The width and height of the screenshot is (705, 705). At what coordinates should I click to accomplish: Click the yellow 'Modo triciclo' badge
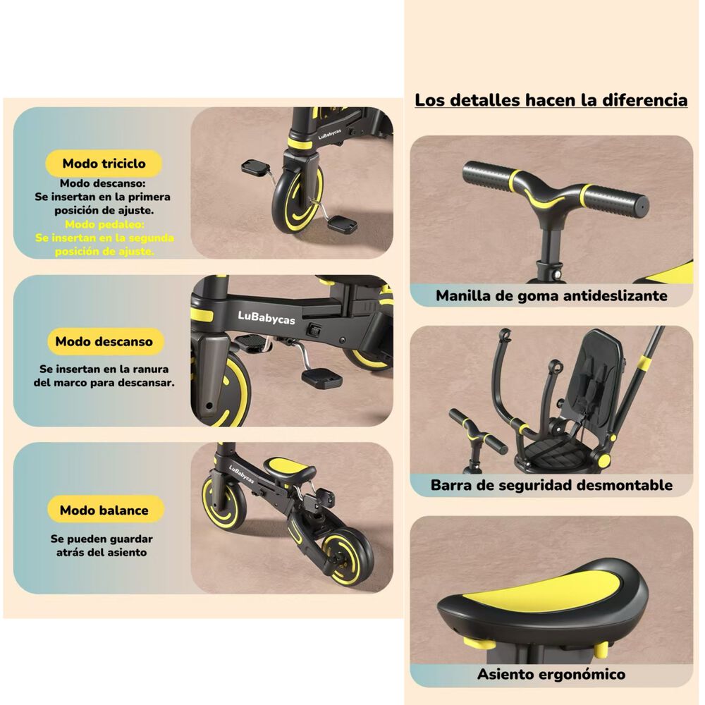click(104, 164)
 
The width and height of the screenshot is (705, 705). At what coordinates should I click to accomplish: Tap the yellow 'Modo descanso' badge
click(104, 341)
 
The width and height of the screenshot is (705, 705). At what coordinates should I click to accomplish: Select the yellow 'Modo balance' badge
click(104, 510)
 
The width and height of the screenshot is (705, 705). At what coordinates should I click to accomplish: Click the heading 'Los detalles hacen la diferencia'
click(551, 100)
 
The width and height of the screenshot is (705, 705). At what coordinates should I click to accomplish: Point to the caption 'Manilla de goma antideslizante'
click(551, 295)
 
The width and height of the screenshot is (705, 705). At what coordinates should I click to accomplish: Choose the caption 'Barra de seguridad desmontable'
click(551, 485)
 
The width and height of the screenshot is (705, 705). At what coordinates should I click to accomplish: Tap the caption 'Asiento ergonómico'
click(551, 674)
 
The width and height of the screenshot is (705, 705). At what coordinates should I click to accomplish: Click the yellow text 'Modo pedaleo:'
click(104, 224)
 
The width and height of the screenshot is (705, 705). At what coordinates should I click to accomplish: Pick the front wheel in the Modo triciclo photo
click(299, 200)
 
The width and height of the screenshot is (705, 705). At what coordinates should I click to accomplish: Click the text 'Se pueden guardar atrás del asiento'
click(102, 546)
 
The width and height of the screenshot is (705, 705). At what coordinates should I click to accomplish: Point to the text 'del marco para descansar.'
click(104, 383)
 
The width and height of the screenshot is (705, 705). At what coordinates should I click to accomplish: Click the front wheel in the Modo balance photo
click(224, 501)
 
